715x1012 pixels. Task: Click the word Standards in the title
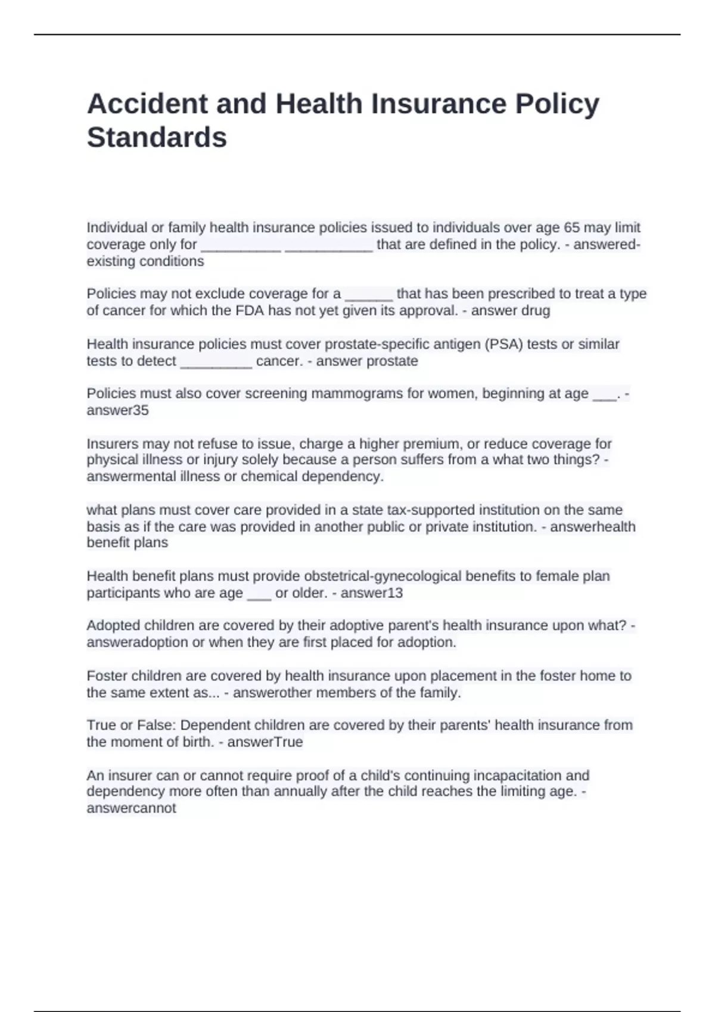coord(157,138)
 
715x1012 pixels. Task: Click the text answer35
coord(117,411)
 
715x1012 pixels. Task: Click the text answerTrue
coord(265,742)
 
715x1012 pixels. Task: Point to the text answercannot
coord(131,808)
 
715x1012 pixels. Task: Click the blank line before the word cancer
coord(216,362)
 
